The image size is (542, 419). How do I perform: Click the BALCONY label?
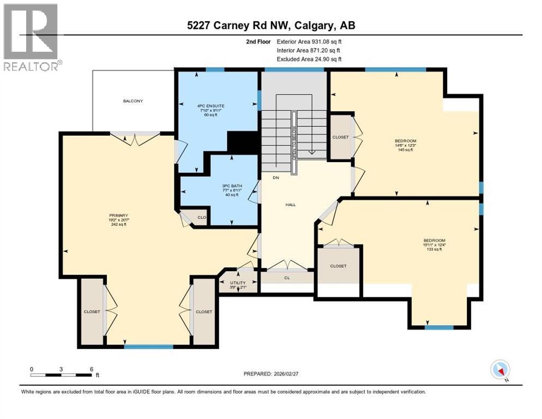click(133, 101)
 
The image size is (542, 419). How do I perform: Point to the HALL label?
click(291, 204)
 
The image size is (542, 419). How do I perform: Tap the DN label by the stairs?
click(276, 178)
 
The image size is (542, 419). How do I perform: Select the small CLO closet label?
click(201, 217)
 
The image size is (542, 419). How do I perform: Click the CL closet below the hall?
click(287, 278)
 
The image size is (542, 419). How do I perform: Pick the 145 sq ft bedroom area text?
click(406, 150)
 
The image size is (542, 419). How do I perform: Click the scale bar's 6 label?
click(91, 369)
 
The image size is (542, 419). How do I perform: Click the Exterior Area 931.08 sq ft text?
click(309, 41)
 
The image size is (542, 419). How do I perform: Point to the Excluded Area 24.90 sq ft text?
click(309, 59)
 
